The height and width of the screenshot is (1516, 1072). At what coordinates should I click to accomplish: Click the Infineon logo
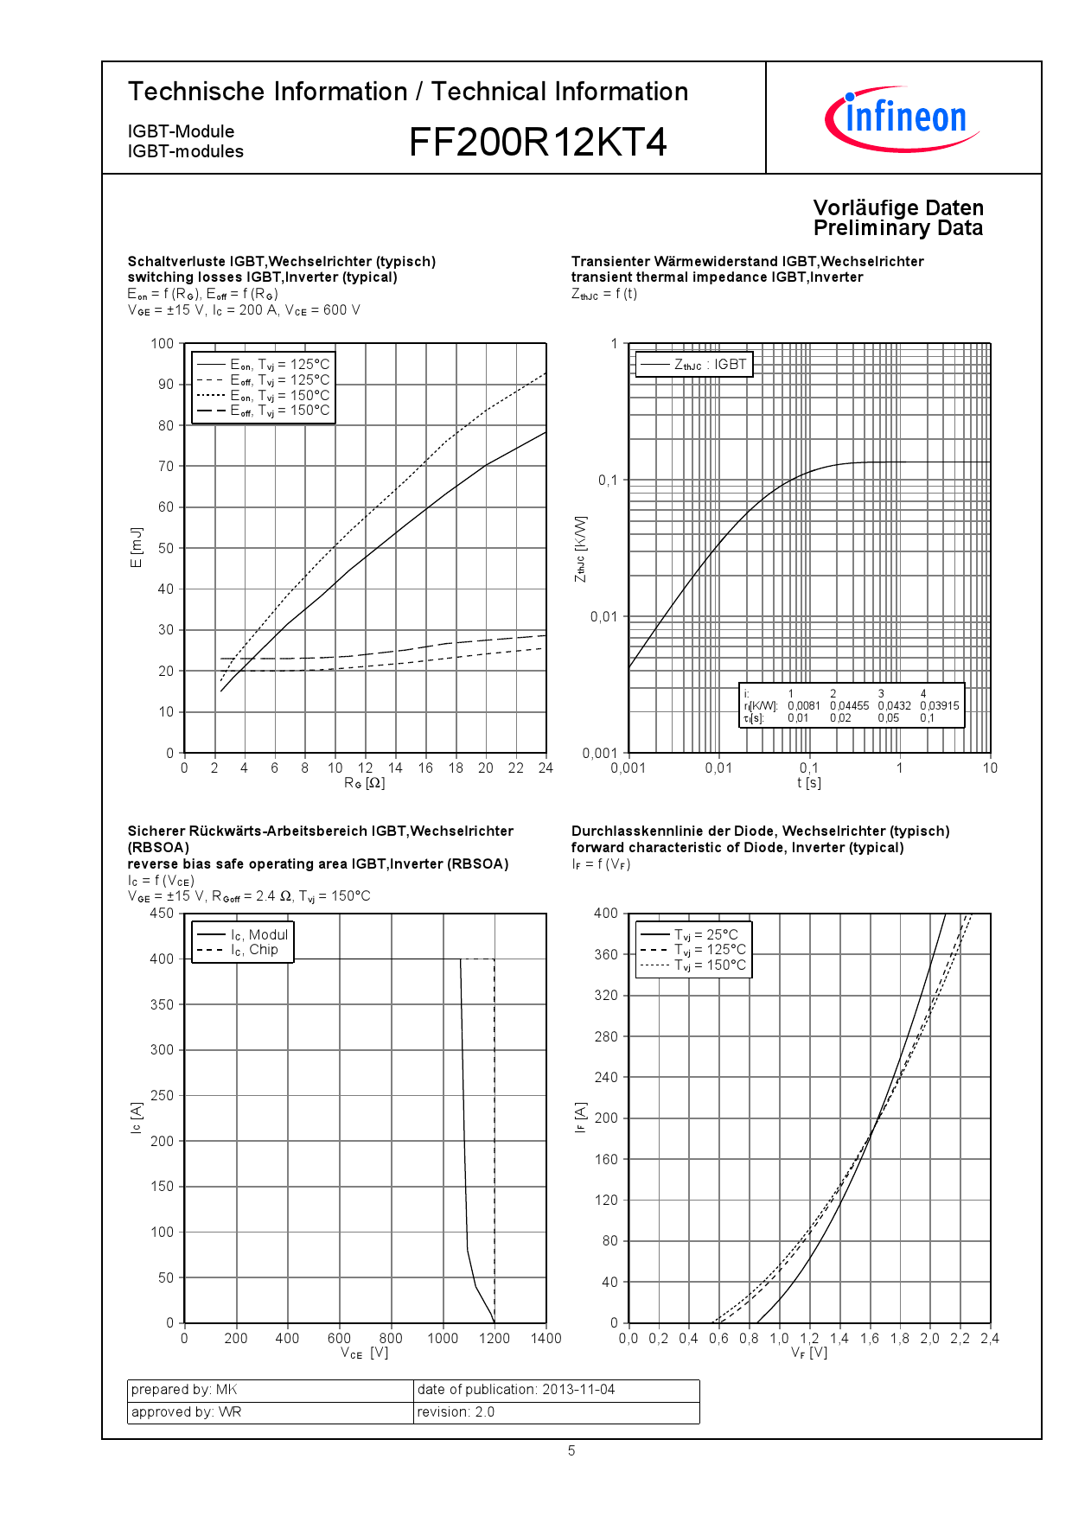[x=903, y=118]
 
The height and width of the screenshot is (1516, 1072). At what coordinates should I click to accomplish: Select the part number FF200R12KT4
[x=537, y=143]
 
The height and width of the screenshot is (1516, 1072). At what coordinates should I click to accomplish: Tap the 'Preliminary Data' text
[x=897, y=228]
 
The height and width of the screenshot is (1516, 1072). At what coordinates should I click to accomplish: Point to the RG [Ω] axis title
[x=364, y=783]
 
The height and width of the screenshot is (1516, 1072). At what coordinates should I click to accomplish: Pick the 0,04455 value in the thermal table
[x=849, y=706]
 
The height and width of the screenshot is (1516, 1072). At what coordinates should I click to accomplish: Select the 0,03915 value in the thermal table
[x=939, y=706]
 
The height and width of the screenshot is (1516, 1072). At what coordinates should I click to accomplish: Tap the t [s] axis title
[x=809, y=783]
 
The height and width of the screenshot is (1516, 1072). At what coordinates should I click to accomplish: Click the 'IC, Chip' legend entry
[x=254, y=950]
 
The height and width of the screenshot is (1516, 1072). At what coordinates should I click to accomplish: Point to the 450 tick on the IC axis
[x=162, y=914]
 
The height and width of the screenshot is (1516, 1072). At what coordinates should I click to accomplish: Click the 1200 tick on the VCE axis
[x=495, y=1339]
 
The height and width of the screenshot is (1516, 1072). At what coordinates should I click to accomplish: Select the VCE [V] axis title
[x=364, y=1354]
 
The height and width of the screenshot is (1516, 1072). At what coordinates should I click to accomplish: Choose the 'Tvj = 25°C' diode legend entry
[x=705, y=935]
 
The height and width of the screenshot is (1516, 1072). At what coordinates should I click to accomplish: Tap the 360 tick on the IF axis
[x=606, y=954]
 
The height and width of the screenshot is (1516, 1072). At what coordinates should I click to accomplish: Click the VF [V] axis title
[x=809, y=1354]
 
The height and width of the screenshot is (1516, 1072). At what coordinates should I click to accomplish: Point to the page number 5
[x=571, y=1451]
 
